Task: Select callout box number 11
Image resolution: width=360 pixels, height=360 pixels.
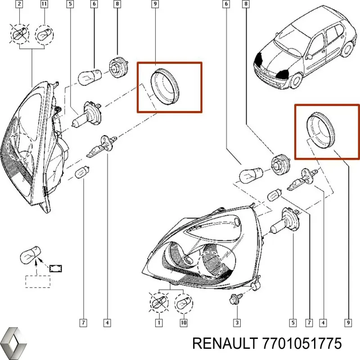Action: (44, 5)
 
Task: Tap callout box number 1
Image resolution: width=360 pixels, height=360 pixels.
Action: (158, 323)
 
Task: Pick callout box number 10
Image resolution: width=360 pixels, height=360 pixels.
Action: (183, 323)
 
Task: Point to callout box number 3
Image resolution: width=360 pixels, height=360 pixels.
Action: (236, 323)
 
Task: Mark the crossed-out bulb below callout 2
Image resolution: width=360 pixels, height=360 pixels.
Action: (18, 33)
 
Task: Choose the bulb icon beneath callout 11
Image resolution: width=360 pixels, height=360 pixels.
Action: (44, 33)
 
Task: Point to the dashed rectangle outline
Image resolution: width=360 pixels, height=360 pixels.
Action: (38, 281)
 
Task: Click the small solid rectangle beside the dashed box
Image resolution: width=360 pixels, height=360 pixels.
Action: (56, 268)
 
